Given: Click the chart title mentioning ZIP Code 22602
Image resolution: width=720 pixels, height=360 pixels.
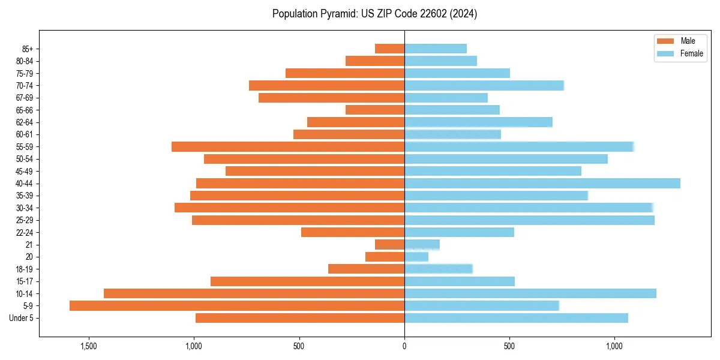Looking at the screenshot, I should (x=374, y=14).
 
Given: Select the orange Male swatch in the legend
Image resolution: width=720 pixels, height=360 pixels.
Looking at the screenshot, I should (x=665, y=41).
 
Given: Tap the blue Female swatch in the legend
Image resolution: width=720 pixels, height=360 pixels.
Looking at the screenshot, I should (x=665, y=53).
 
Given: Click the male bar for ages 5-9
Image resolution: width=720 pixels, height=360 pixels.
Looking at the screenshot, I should (x=237, y=306).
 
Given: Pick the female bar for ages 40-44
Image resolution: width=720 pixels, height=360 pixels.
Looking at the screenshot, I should (x=542, y=184).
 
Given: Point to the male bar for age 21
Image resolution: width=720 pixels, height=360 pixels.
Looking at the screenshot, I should (x=390, y=245).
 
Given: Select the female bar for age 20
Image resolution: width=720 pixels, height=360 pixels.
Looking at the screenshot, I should (x=416, y=257).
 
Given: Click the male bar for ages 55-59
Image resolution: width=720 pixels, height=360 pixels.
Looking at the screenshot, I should (x=288, y=147).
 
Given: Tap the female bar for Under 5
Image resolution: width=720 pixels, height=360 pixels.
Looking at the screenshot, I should (x=516, y=318).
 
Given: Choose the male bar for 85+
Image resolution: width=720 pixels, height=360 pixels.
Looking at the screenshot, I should (x=390, y=49).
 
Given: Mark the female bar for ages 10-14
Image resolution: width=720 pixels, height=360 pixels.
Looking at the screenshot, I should (x=530, y=293).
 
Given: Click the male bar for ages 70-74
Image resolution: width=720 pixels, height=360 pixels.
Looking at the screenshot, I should (x=327, y=86).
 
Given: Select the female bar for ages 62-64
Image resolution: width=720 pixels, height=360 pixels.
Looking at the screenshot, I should (x=478, y=122).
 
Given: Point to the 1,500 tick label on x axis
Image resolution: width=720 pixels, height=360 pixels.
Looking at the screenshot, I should (x=89, y=346).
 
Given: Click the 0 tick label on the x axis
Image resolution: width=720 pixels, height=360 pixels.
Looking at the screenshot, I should (x=404, y=346).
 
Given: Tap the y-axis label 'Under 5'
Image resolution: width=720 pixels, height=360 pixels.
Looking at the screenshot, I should (x=21, y=318).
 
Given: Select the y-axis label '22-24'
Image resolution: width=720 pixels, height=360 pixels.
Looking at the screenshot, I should (x=25, y=233).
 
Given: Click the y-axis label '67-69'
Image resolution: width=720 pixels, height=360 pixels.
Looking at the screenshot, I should (x=25, y=98).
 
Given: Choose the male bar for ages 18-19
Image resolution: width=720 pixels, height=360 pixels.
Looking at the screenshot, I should (x=367, y=269).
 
